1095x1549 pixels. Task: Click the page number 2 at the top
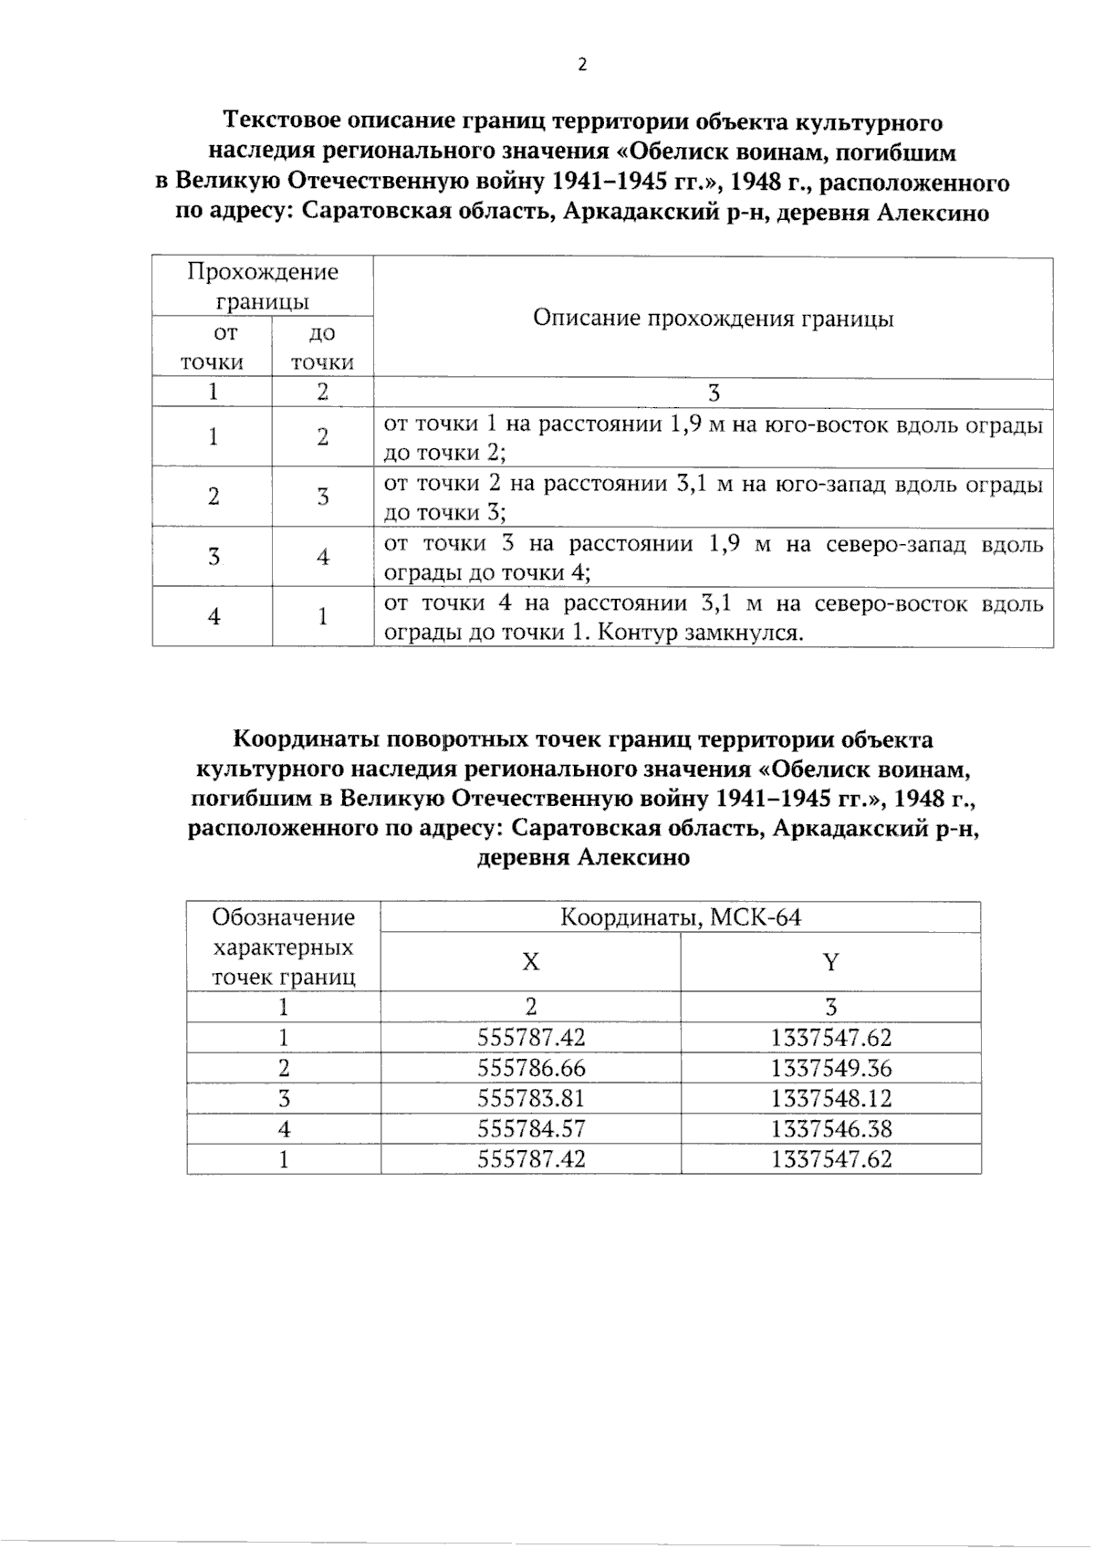coord(582,65)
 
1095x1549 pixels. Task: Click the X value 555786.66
coord(531,1068)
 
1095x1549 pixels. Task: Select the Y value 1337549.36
coord(830,1068)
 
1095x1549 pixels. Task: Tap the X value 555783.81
coord(531,1098)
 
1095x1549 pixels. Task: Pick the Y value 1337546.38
coord(830,1129)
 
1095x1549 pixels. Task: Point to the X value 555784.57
coord(531,1129)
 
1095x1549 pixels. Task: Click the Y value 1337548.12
coord(830,1098)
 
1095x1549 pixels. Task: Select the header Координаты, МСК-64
coord(680,917)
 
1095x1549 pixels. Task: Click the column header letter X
coord(530,962)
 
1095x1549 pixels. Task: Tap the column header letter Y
coord(830,962)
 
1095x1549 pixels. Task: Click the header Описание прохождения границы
coord(713,319)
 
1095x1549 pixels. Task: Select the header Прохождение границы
coord(262,286)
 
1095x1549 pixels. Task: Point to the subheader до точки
coord(322,348)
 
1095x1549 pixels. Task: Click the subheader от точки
coord(212,348)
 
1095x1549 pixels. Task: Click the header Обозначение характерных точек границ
coord(283,947)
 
